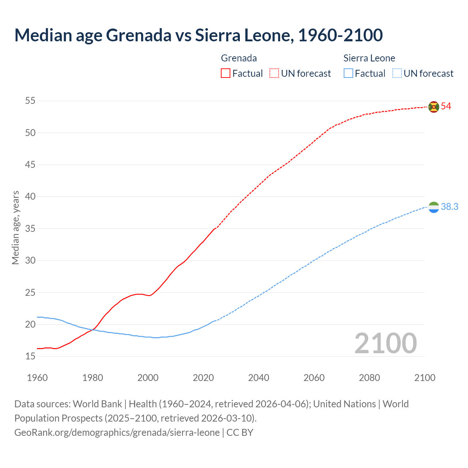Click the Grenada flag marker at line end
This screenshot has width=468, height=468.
[434, 107]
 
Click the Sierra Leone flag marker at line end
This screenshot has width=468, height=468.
[434, 207]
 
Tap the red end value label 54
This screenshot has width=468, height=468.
[446, 106]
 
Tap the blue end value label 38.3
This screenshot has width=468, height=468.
[449, 207]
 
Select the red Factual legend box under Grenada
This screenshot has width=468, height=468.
[226, 73]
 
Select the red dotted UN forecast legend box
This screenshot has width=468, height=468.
[274, 73]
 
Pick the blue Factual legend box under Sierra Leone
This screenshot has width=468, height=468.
[348, 73]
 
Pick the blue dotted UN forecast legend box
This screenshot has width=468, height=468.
[397, 73]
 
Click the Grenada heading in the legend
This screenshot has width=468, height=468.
[239, 58]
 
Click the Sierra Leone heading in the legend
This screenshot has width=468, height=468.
[369, 58]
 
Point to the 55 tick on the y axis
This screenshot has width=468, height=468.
[30, 101]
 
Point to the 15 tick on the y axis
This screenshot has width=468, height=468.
[30, 356]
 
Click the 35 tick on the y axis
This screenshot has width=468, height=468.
[30, 229]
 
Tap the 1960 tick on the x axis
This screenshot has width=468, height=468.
[37, 378]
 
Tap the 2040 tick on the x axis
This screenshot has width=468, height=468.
[258, 378]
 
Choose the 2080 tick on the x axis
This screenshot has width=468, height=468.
[369, 378]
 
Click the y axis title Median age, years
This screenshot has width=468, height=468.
[15, 227]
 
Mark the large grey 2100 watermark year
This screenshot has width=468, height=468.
[385, 343]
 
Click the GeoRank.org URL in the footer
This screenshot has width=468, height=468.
[117, 433]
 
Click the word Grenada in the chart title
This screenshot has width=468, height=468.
[139, 35]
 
